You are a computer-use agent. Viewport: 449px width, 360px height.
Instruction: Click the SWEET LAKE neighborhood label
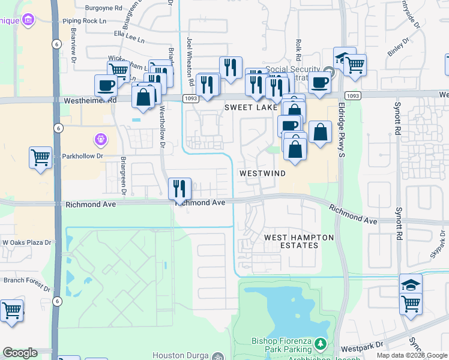coord(251,107)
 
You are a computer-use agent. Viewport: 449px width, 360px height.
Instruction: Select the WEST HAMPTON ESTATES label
coord(299,241)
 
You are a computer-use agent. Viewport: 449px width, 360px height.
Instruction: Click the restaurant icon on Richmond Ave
coord(179,188)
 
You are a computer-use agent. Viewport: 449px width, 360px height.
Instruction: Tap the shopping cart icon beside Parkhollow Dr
coord(40,158)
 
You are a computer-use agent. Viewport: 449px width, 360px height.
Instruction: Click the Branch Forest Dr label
coord(26,280)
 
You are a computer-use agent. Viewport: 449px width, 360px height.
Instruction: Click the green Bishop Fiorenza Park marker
coord(321,344)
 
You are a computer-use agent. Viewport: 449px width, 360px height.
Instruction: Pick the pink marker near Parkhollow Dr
coord(101,140)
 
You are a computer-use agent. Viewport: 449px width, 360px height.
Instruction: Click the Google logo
coord(20,353)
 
